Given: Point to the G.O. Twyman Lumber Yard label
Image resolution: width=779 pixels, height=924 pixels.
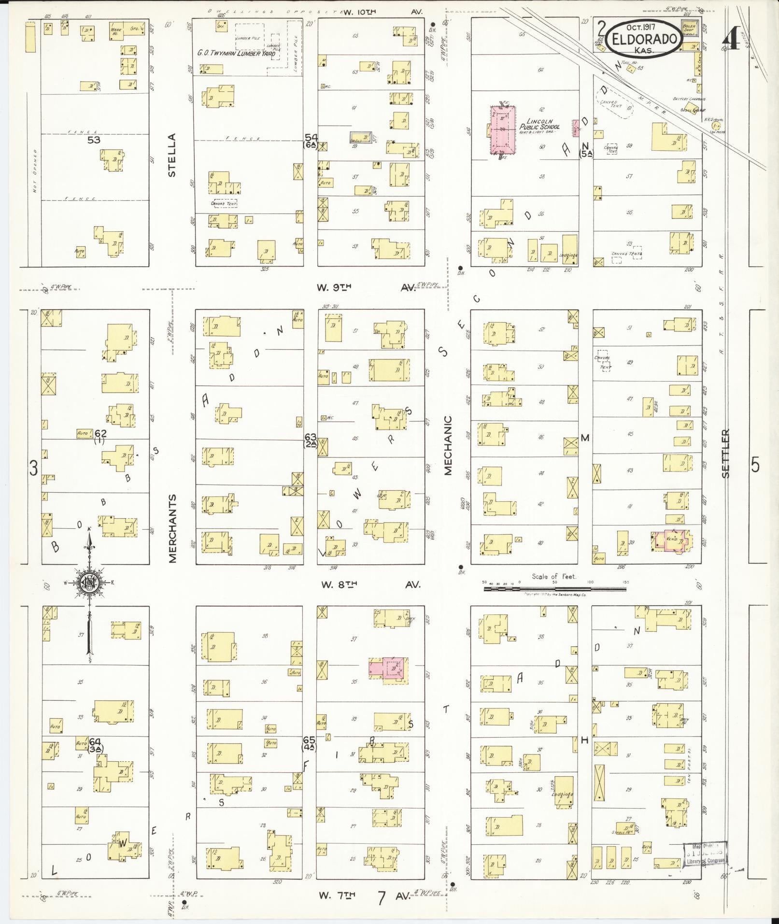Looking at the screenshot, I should coord(236,54).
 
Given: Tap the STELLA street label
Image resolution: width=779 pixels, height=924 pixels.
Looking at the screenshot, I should coord(172,155).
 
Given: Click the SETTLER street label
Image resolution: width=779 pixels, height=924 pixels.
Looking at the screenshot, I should coord(726,454).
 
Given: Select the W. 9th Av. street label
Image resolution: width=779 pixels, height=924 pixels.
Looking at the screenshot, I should coord(366,288).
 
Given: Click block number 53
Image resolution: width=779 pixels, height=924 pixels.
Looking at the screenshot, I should coord(94,140).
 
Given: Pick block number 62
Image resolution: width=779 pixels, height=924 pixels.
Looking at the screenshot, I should coord(100,433).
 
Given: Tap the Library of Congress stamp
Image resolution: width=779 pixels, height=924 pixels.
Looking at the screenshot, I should coord(705,856).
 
